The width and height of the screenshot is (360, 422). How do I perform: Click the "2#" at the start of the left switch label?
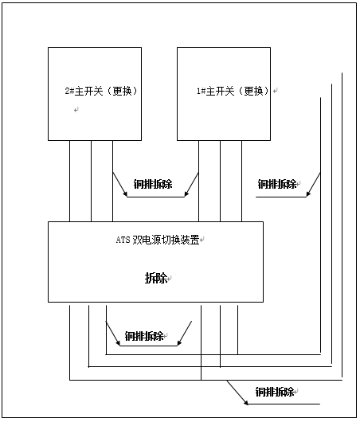click(x=69, y=91)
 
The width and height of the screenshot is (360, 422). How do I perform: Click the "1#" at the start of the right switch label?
click(x=201, y=91)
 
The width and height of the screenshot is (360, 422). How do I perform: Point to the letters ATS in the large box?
click(x=123, y=240)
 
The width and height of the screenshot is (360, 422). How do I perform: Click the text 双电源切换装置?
click(x=166, y=240)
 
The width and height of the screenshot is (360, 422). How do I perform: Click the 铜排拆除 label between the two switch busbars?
click(x=153, y=184)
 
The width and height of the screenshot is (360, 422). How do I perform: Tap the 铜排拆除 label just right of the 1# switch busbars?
click(x=277, y=184)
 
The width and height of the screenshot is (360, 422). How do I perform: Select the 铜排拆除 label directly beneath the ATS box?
click(x=144, y=336)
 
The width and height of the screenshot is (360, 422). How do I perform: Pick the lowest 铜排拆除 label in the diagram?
click(x=275, y=392)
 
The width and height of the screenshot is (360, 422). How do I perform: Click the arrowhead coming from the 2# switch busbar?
click(x=125, y=193)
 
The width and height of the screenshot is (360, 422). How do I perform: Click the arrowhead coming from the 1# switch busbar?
click(x=186, y=193)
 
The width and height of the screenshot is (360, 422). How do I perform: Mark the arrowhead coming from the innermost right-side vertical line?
click(x=308, y=193)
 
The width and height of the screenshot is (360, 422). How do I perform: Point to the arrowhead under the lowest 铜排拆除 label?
click(x=245, y=402)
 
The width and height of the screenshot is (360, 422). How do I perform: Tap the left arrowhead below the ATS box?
click(x=118, y=342)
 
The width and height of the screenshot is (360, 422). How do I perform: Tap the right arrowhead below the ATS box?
click(x=179, y=342)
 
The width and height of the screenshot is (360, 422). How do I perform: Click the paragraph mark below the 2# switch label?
click(x=76, y=110)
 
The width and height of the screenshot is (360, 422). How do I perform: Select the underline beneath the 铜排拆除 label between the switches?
click(x=155, y=197)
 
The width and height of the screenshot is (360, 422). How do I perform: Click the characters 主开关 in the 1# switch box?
click(x=221, y=91)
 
